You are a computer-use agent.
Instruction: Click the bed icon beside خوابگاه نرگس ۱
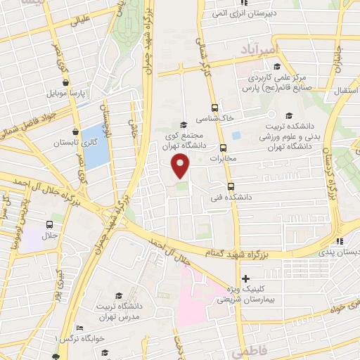point(79,328)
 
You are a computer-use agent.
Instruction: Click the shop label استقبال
point(344,92)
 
